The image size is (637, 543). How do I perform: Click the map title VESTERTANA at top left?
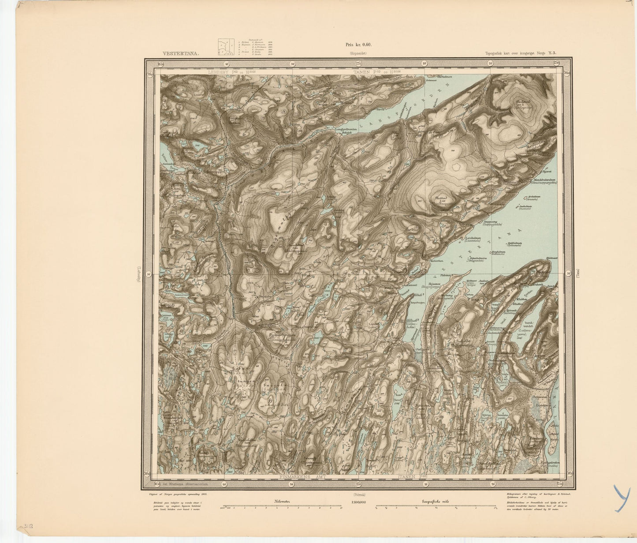tap(181, 53)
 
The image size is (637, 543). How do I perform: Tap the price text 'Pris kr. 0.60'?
tap(359, 44)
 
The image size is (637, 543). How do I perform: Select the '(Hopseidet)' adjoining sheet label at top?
tap(358, 53)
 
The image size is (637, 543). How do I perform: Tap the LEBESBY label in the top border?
tap(220, 71)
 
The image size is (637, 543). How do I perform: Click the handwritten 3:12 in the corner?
tap(28, 526)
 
